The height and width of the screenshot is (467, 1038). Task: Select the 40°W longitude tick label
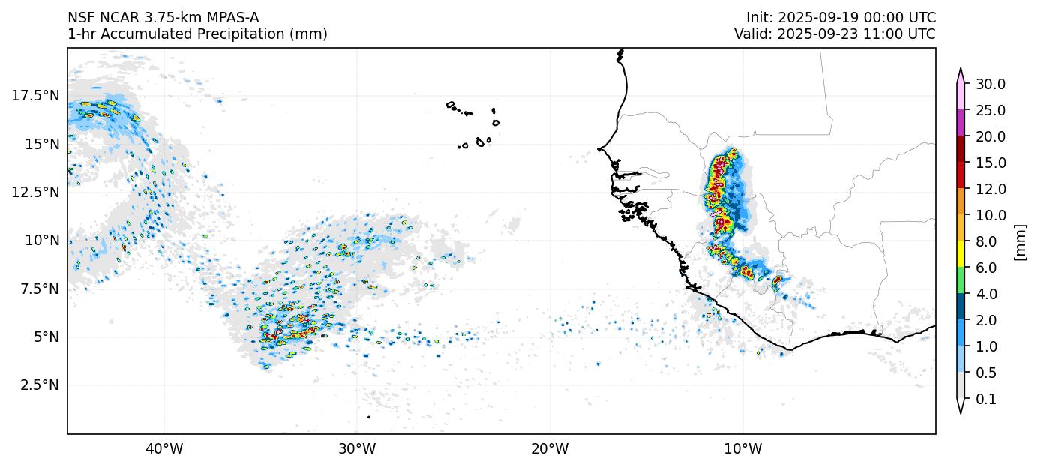coord(163,449)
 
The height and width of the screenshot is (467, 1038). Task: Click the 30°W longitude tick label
coord(357,449)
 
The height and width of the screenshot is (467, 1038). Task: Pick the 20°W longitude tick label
coord(550,449)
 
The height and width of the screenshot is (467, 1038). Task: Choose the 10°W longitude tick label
coord(743,449)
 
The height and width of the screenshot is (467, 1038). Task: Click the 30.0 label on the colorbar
coord(990,84)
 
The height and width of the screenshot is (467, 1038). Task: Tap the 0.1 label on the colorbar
coord(986,400)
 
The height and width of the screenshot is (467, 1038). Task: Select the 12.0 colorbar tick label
coord(990,189)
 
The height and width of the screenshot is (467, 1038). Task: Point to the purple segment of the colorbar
coord(960,123)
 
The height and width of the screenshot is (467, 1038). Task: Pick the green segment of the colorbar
coord(960,280)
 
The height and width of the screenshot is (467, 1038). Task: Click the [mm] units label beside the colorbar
coord(1020,241)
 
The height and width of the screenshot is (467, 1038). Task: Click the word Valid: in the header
coord(752,34)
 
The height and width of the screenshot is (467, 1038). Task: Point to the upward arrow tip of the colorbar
coord(960,70)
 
